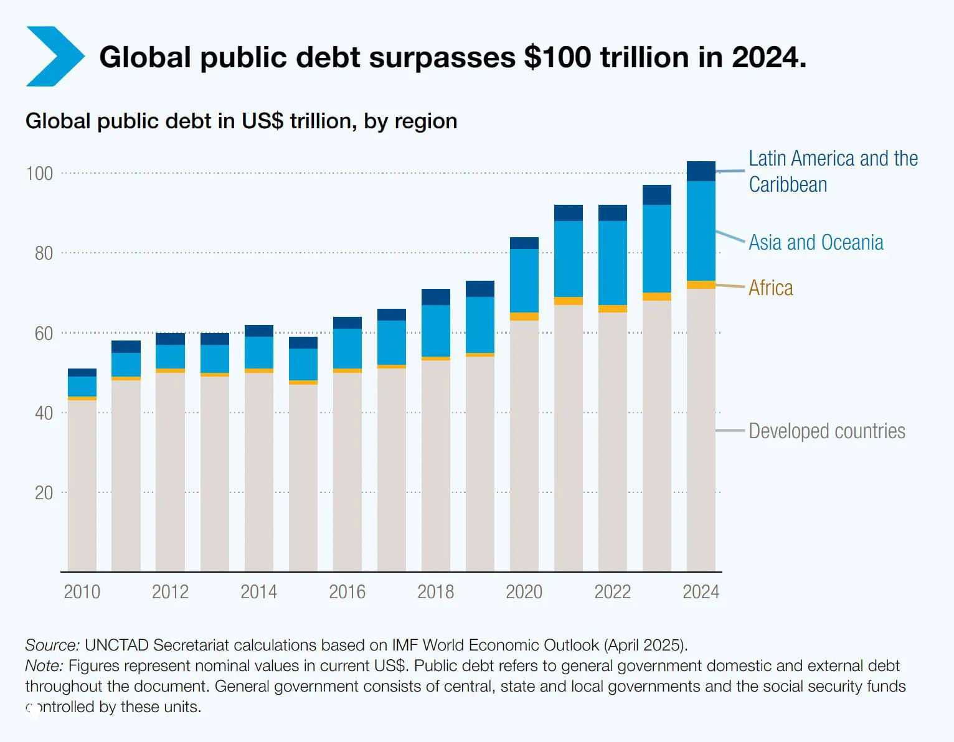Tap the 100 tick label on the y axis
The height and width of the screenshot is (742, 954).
tap(39, 173)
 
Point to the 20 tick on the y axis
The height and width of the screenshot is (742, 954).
tap(44, 493)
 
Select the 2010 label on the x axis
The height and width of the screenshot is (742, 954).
tap(82, 591)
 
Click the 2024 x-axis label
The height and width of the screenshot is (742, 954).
tap(701, 591)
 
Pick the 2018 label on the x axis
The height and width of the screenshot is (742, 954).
tap(435, 591)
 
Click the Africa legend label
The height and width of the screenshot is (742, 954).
tap(770, 288)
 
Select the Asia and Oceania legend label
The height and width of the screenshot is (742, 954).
tap(816, 242)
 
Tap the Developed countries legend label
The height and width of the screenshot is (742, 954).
tap(826, 431)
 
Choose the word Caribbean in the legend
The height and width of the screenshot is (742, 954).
tap(788, 185)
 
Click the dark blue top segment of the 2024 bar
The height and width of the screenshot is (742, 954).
tap(701, 171)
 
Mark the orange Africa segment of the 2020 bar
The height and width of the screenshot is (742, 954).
tap(524, 316)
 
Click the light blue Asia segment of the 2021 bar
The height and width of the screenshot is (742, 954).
tap(568, 258)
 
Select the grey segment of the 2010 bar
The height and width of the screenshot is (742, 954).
tap(82, 486)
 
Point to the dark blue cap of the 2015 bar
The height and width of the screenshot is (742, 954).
tap(303, 342)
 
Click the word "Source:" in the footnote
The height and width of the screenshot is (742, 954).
tap(52, 645)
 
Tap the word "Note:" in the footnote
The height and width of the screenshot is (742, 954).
tap(44, 665)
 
